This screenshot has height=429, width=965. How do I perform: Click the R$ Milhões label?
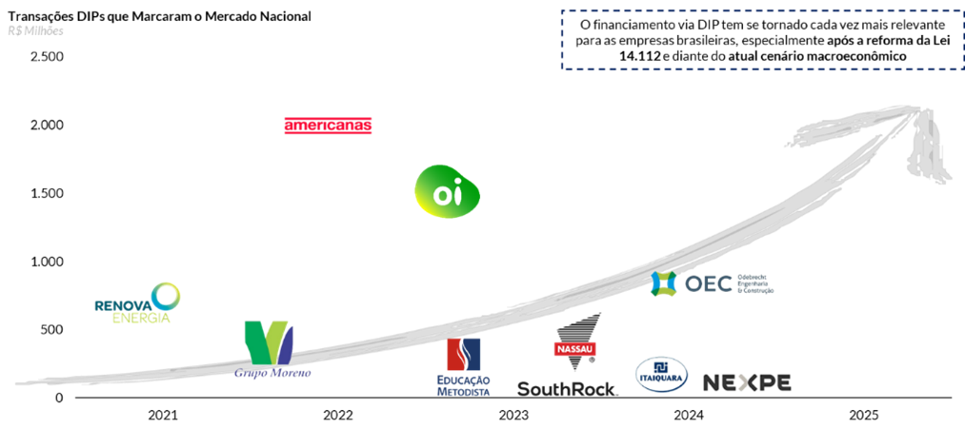pos(35,30)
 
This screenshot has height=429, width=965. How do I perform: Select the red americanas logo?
pos(328,126)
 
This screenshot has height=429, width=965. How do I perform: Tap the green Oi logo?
pos(447,192)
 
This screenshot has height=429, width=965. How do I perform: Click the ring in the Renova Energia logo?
pos(166,296)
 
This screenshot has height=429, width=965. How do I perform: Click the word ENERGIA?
pos(142,318)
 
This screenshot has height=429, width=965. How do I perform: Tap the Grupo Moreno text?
pos(272,373)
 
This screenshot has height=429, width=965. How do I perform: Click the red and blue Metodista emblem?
pos(464,354)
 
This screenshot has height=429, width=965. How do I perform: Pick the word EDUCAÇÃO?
pos(464,380)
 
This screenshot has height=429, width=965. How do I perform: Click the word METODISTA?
pos(464,391)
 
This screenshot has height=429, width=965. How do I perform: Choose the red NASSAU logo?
pos(574,350)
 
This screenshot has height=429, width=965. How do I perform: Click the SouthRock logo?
pos(568,388)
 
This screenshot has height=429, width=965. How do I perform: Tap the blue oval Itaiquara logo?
pos(661,374)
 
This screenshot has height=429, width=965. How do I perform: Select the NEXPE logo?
pos(747,382)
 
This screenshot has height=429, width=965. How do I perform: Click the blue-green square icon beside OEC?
pos(663,283)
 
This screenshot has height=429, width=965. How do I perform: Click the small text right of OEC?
pos(755,283)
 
